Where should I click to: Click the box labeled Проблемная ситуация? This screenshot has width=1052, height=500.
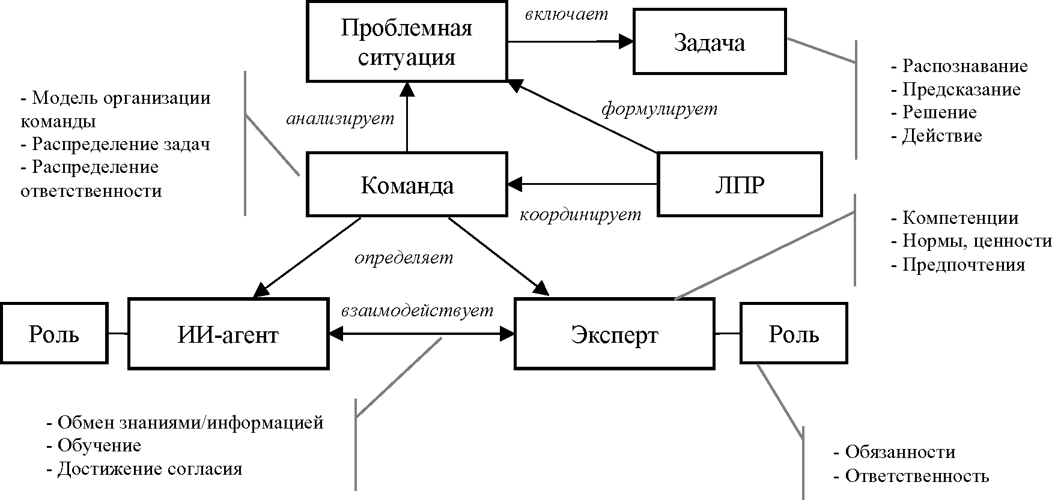[407, 41]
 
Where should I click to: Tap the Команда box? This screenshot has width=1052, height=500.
[407, 185]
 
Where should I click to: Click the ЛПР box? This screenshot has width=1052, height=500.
[740, 184]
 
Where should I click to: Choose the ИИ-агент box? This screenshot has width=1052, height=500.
[228, 334]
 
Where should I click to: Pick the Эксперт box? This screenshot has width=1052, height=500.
[615, 334]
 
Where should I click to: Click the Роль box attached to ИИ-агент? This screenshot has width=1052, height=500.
[54, 333]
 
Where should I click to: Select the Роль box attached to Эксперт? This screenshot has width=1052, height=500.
[794, 333]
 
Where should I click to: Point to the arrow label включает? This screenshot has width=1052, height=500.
[567, 14]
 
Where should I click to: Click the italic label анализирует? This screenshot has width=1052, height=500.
[340, 118]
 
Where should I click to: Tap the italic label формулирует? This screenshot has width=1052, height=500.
[659, 110]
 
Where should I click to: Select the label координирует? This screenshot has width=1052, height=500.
[580, 214]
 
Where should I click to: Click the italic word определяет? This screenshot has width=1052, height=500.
[404, 258]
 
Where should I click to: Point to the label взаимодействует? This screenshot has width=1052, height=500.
[418, 310]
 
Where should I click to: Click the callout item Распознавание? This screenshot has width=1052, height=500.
[965, 65]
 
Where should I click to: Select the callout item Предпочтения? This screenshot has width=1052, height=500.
[963, 265]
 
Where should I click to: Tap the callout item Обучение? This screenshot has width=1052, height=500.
[99, 445]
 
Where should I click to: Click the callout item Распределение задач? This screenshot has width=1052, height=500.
[121, 144]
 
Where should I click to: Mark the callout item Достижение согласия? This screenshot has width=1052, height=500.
[150, 468]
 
